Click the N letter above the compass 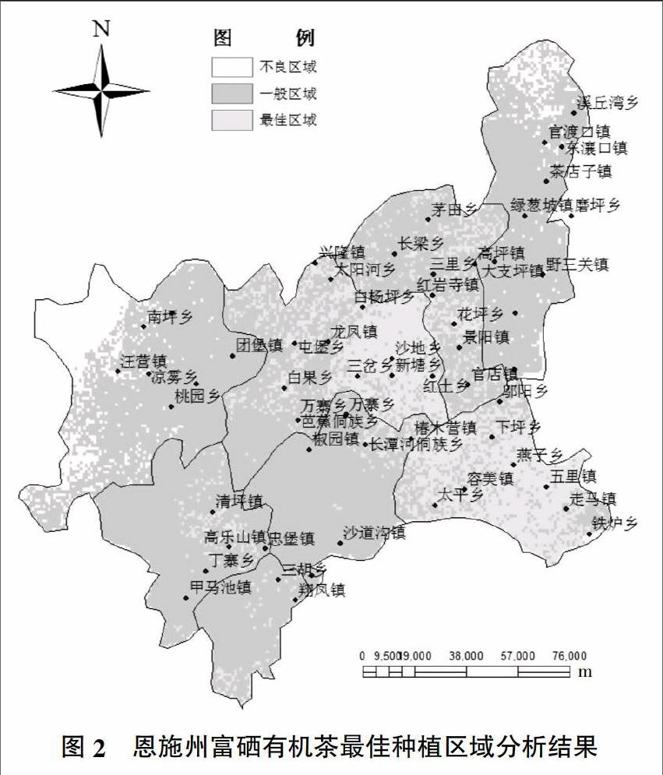click(x=101, y=29)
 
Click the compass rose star click(x=101, y=90)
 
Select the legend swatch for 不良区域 click(x=231, y=68)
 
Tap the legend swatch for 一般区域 click(x=231, y=94)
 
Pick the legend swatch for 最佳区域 click(x=231, y=120)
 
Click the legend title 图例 click(x=264, y=38)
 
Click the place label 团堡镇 click(x=259, y=345)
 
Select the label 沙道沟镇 click(x=374, y=533)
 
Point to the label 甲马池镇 click(x=220, y=587)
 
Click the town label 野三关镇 click(x=577, y=264)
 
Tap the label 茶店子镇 click(x=580, y=171)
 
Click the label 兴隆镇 click(x=342, y=252)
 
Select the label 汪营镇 click(x=144, y=361)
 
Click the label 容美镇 click(x=490, y=478)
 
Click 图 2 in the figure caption click(x=83, y=749)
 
